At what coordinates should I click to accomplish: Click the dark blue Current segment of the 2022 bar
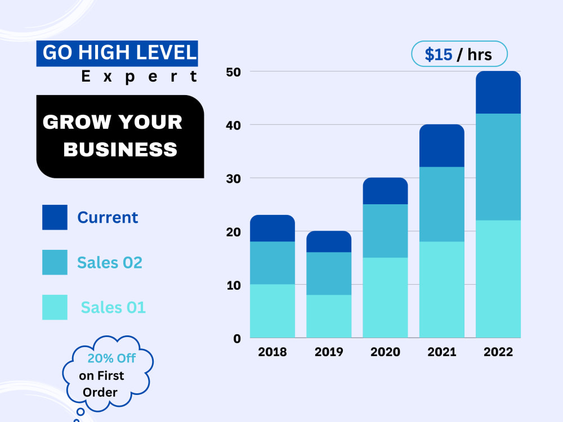pyautogui.click(x=498, y=92)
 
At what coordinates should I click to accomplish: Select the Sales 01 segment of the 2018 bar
pyautogui.click(x=272, y=311)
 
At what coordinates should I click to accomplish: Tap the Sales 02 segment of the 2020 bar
pyautogui.click(x=385, y=231)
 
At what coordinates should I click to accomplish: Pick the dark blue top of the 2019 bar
pyautogui.click(x=329, y=241)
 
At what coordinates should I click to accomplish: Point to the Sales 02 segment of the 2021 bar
pyautogui.click(x=441, y=204)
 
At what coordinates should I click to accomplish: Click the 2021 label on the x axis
pyautogui.click(x=441, y=352)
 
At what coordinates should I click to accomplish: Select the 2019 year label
pyautogui.click(x=329, y=352)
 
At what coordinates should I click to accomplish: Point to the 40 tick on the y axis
pyautogui.click(x=234, y=125)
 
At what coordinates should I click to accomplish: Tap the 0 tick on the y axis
pyautogui.click(x=237, y=338)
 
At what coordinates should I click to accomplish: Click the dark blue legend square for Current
pyautogui.click(x=55, y=217)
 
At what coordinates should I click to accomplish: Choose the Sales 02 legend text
pyautogui.click(x=110, y=263)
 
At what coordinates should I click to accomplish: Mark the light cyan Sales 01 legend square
pyautogui.click(x=55, y=307)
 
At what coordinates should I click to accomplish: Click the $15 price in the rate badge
pyautogui.click(x=439, y=55)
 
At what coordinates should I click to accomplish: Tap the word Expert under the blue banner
pyautogui.click(x=139, y=77)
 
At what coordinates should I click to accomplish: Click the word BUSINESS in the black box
pyautogui.click(x=120, y=149)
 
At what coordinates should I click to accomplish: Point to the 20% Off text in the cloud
pyautogui.click(x=111, y=358)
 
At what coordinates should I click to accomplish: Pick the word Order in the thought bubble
pyautogui.click(x=100, y=392)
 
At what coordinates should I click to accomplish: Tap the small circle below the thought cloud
pyautogui.click(x=81, y=412)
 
